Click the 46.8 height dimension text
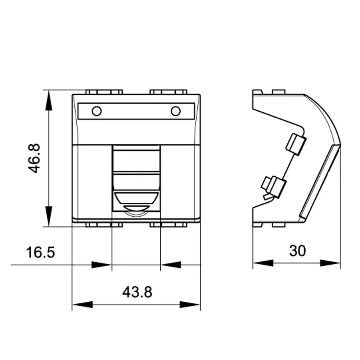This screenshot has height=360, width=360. (34, 158)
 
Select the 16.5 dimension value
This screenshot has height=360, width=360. (40, 252)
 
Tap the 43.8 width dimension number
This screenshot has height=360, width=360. (137, 292)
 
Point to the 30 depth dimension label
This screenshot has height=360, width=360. (297, 251)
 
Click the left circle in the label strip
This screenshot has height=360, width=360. (96, 111)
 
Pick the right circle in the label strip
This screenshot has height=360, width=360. (176, 111)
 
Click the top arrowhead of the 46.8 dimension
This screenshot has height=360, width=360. (49, 100)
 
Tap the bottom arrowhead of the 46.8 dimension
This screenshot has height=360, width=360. (49, 216)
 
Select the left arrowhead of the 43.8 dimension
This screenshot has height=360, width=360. (82, 305)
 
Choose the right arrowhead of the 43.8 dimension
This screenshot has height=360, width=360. (190, 305)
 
